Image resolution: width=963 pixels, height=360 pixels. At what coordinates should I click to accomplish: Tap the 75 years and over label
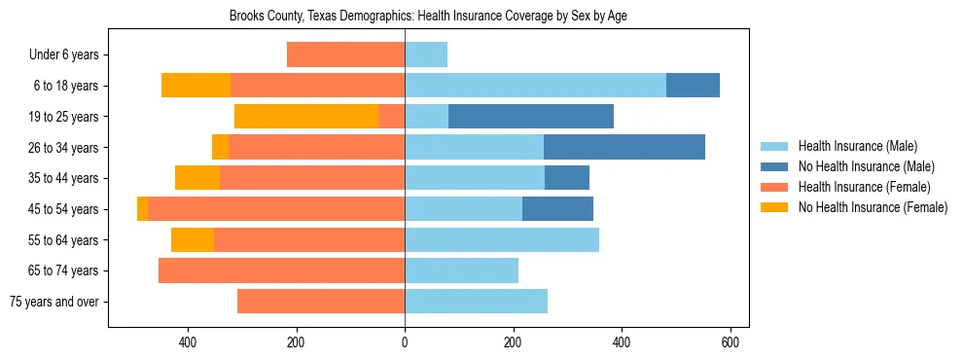coord(54,302)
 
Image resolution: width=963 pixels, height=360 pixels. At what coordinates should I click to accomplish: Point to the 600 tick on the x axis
coord(731,342)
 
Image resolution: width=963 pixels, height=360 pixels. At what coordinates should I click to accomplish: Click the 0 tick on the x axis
coord(405,342)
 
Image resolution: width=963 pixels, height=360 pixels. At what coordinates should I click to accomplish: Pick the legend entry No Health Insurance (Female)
coord(873,207)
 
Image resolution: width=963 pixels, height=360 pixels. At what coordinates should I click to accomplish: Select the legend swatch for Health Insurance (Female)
coord(774,187)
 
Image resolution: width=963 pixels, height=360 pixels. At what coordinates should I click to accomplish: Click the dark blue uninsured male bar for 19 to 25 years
coord(531,117)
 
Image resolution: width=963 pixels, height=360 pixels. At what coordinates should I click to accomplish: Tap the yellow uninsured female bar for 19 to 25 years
coord(306,117)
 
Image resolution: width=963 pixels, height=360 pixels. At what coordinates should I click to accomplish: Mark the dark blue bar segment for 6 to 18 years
coord(693,86)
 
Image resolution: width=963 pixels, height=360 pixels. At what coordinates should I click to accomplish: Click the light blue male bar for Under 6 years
coord(426,55)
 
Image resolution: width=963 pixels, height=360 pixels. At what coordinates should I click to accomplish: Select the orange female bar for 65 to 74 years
coord(281,270)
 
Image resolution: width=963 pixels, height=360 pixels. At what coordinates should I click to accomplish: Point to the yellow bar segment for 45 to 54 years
coord(143,209)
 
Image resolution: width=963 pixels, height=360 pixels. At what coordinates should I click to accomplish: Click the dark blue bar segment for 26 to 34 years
coord(624,148)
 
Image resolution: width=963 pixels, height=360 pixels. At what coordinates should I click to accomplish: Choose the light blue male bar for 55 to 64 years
coord(502,240)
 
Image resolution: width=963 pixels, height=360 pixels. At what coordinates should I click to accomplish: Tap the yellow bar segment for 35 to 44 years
coord(197,178)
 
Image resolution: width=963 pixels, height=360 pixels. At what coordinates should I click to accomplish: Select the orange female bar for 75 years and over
coord(321,302)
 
